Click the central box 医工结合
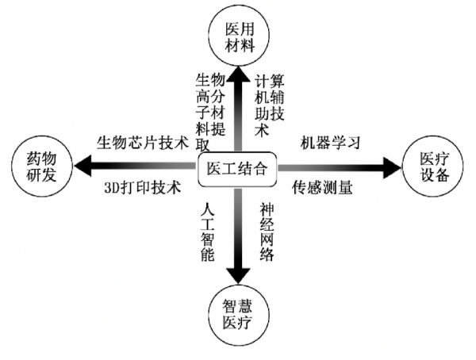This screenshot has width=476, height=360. point(236,168)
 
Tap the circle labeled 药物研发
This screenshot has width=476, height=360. point(39,167)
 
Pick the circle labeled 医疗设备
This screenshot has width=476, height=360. point(435,167)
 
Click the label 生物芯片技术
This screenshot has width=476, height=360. point(142,144)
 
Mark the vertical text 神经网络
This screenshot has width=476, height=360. point(267,231)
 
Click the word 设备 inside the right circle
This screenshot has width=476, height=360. point(435,176)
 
